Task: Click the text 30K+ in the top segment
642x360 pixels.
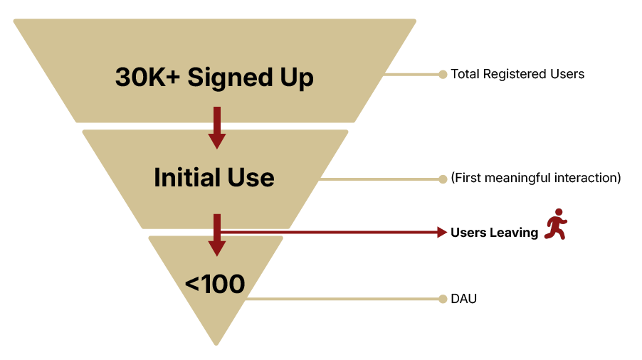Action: pos(148,78)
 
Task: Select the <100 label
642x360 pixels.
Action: pos(215,285)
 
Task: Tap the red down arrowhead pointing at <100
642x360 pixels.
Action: pos(217,248)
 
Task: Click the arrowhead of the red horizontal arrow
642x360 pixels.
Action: pos(442,232)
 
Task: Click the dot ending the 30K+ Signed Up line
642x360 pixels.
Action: pos(443,74)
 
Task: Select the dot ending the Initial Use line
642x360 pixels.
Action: pos(443,179)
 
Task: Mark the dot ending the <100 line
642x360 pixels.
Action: pos(443,300)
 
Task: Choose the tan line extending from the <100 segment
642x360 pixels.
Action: pos(342,300)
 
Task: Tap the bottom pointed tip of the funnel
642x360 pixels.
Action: pos(216,344)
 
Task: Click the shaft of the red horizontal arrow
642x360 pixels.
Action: pos(327,232)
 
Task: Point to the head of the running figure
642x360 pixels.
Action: pos(559,212)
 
